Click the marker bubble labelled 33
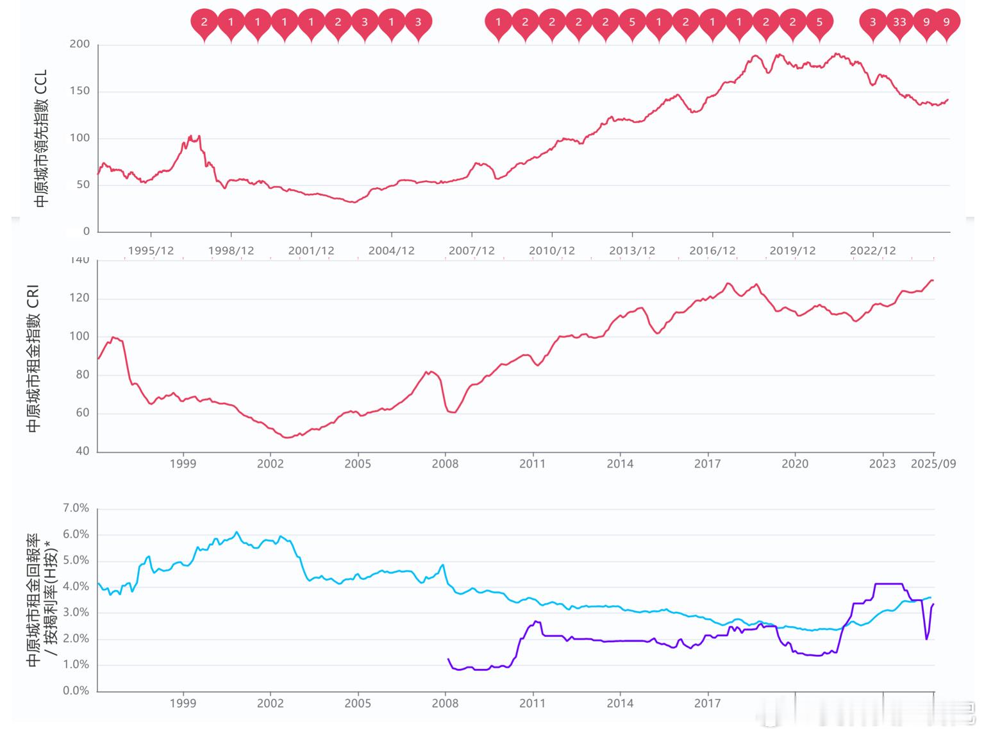899,22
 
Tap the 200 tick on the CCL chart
80,44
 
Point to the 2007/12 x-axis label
471,251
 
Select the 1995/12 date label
151,251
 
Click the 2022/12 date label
872,251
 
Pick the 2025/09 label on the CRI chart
933,464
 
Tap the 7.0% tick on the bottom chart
76,508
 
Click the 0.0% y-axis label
76,691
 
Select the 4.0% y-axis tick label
76,586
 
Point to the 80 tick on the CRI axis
82,375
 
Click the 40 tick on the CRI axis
82,451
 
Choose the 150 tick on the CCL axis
80,91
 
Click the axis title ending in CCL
41,138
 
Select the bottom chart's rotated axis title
42,600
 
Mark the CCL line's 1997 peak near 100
190,136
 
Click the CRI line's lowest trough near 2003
287,437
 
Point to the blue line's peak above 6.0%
237,532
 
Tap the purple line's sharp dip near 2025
926,638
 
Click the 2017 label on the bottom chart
707,704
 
